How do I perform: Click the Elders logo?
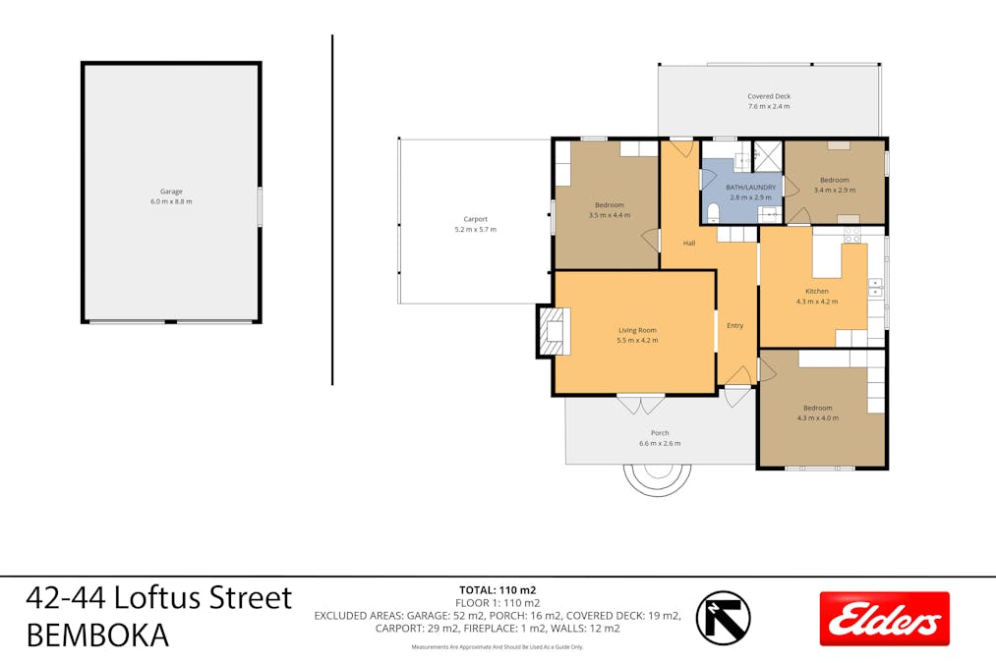coord(884,619)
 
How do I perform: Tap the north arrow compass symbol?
coord(723,618)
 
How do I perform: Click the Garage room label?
coord(171,191)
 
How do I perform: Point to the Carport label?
coord(475,219)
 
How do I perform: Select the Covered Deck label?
coord(769,96)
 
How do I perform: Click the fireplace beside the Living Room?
coord(554,331)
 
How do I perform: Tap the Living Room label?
coord(637,330)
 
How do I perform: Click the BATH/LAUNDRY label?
coord(751,188)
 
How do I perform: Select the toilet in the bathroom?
coord(713,212)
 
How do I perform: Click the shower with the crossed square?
coord(767,157)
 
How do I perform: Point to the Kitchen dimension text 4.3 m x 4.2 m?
coord(817,302)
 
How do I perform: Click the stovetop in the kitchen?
coord(851,235)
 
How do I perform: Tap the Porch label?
coord(660,433)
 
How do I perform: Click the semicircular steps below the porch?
coord(658,491)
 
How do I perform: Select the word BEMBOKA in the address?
coord(97,635)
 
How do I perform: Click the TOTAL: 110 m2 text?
coord(498,590)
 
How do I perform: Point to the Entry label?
coord(734,325)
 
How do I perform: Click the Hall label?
coord(689,243)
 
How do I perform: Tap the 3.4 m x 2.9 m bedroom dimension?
coord(834,190)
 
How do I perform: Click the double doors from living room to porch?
coord(641,404)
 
